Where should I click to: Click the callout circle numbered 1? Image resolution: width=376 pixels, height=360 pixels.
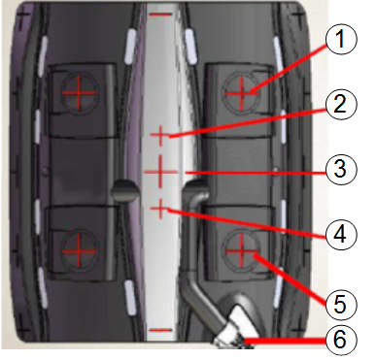340,40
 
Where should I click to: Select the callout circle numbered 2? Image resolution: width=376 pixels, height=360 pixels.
340,105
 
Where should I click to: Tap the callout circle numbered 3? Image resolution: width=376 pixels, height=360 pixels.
340,169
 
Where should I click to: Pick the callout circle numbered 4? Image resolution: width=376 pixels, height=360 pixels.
340,234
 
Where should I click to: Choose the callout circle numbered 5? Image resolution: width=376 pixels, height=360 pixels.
340,305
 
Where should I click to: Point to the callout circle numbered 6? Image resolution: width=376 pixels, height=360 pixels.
340,340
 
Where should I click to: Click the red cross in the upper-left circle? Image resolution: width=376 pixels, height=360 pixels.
79,93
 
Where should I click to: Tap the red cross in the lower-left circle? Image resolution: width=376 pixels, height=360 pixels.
79,251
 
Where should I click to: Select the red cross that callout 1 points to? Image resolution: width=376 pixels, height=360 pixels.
242,93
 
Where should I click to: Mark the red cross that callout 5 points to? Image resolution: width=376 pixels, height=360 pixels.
242,251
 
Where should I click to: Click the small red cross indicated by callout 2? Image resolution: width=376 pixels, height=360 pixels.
160,136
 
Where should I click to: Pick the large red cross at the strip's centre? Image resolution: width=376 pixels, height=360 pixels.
160,172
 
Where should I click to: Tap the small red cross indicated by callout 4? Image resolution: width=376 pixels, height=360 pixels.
160,209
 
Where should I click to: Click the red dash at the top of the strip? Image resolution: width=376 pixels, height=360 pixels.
160,15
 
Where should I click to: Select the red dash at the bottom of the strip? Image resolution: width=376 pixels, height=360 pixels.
160,330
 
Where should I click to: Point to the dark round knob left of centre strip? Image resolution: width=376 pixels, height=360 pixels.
125,191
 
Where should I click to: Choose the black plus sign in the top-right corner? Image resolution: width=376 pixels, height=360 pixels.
298,15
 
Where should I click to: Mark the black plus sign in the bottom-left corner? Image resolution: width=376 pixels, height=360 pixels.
23,330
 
